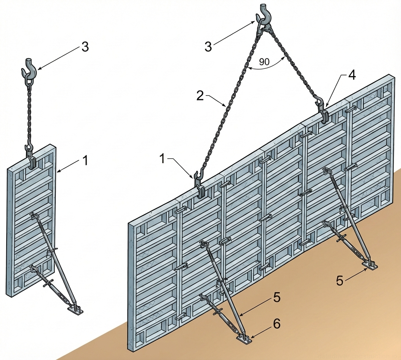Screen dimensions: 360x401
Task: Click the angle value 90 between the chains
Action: [264, 62]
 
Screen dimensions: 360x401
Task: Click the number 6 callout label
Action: [276, 324]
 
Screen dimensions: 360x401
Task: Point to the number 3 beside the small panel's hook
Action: [85, 47]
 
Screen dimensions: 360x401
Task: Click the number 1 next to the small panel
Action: [85, 160]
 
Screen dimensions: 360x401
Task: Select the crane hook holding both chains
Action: [264, 17]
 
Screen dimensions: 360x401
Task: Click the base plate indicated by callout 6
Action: [244, 338]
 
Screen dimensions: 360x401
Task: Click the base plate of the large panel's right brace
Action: [370, 264]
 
